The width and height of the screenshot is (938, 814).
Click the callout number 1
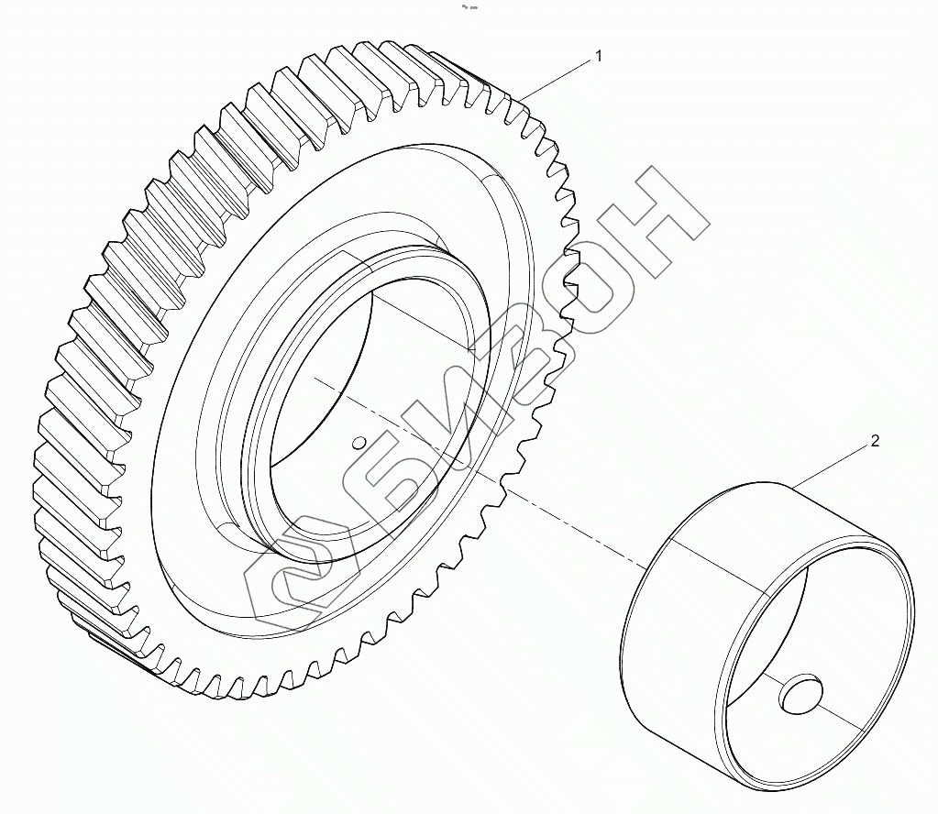pos(599,56)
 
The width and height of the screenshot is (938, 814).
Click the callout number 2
pos(874,441)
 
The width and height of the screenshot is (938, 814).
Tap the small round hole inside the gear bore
pos(359,443)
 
